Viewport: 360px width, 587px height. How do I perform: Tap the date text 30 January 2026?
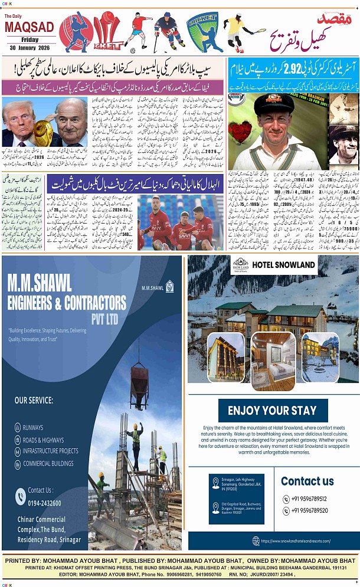pos(28,48)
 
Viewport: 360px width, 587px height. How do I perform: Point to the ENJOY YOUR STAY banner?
pos(272,411)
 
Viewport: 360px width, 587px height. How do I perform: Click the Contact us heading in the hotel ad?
pos(307,481)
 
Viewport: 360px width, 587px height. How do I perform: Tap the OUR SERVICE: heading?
pos(34,401)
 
